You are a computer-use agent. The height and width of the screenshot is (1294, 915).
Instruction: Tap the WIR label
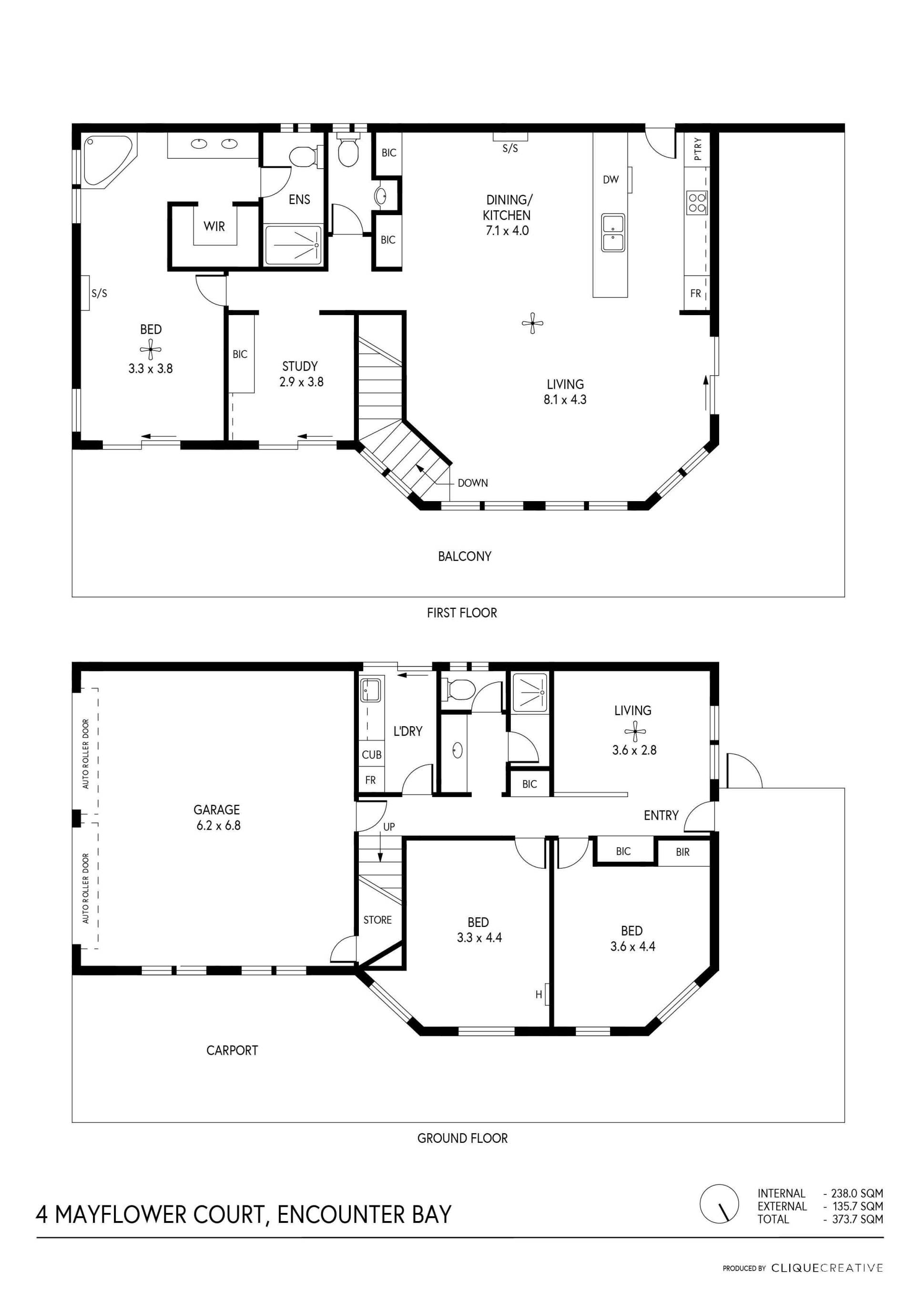pos(214,226)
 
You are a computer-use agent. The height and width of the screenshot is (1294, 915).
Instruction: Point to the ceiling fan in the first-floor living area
pos(532,323)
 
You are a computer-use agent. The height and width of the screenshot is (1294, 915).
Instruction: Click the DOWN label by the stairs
pos(473,483)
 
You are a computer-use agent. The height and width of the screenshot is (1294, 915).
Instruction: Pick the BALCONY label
pos(465,556)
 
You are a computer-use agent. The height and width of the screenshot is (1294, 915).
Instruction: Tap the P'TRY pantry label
pos(698,149)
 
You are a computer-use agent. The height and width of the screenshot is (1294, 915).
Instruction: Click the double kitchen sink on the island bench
pos(612,233)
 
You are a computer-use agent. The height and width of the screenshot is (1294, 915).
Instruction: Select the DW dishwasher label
pos(611,180)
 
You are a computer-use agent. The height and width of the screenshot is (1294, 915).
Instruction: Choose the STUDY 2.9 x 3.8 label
pos(302,374)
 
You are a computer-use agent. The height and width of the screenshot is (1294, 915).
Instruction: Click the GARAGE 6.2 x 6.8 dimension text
pos(219,826)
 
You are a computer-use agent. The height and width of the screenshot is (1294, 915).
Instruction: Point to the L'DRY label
pos(408,731)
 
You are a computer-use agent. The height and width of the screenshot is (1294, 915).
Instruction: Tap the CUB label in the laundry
pos(372,755)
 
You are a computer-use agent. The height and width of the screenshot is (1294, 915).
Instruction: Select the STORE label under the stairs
pos(377,920)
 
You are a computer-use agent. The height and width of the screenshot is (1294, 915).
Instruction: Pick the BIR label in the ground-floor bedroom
pos(683,852)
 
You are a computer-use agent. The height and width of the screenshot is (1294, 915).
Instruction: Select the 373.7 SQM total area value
pos(857,1219)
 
